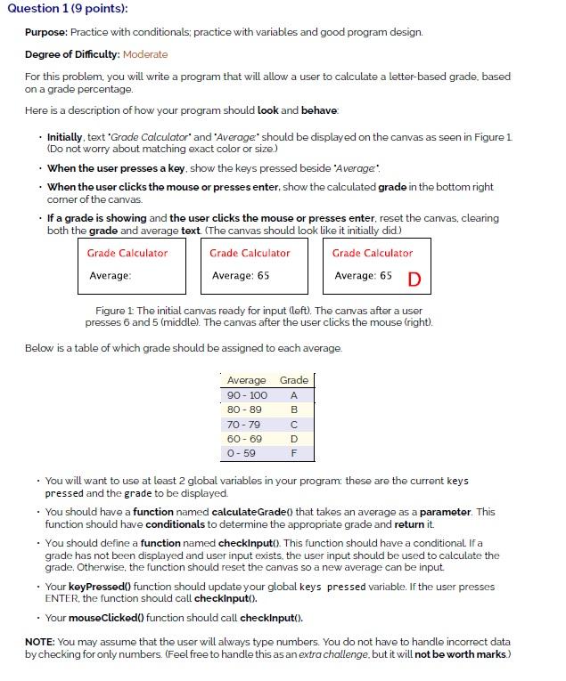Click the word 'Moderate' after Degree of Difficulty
point(145,54)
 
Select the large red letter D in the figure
point(414,280)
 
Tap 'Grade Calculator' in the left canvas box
point(127,253)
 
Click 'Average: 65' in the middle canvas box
point(241,276)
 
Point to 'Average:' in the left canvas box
point(111,276)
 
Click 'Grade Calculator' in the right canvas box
point(373,253)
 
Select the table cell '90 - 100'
point(247,394)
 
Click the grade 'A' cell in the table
point(294,394)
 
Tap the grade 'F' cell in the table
point(294,453)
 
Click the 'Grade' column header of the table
point(294,380)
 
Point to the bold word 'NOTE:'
point(41,642)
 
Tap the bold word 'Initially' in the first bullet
point(65,138)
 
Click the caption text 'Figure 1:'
point(114,311)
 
